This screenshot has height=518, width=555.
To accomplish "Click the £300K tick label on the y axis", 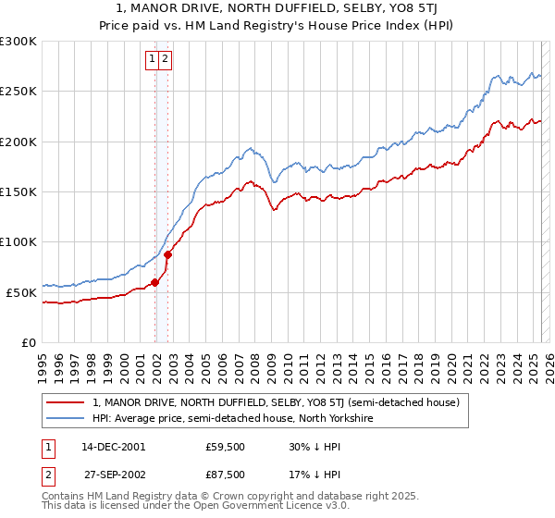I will pos(18,42).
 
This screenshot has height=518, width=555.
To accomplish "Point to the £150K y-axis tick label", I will pos(18,191).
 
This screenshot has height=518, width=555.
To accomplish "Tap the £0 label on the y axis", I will pos(27,342).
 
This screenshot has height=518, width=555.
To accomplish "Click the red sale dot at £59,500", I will pos(155,283).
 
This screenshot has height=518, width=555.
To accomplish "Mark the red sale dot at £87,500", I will pos(168,254).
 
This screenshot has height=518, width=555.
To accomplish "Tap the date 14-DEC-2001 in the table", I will pos(113,446).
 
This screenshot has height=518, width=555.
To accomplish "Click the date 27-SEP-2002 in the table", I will pos(113,474).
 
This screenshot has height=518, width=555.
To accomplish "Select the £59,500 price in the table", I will pos(225,446).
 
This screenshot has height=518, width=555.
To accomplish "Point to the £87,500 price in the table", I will pos(225,474).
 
